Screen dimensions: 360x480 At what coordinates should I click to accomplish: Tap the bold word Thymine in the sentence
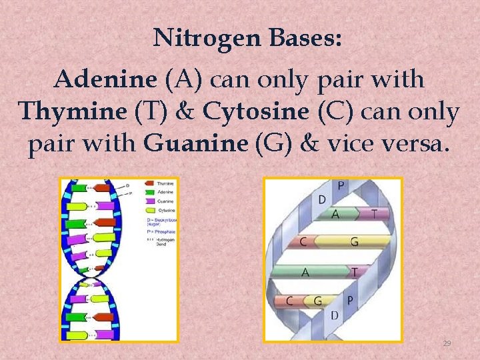click(x=73, y=112)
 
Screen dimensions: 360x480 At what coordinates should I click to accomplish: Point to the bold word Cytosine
click(x=257, y=112)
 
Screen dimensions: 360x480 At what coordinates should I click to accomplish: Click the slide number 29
click(x=447, y=343)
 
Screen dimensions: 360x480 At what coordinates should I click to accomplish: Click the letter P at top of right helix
click(x=341, y=185)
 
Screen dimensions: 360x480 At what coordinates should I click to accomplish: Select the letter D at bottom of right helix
click(x=335, y=315)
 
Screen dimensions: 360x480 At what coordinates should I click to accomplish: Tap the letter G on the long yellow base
click(x=353, y=241)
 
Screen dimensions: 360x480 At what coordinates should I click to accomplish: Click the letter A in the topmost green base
click(x=335, y=214)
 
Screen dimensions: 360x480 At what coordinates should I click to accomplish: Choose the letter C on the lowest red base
click(x=289, y=301)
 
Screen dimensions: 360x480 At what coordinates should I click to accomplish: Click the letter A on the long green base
click(x=305, y=272)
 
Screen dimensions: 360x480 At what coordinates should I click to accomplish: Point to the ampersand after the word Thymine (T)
click(x=184, y=112)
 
